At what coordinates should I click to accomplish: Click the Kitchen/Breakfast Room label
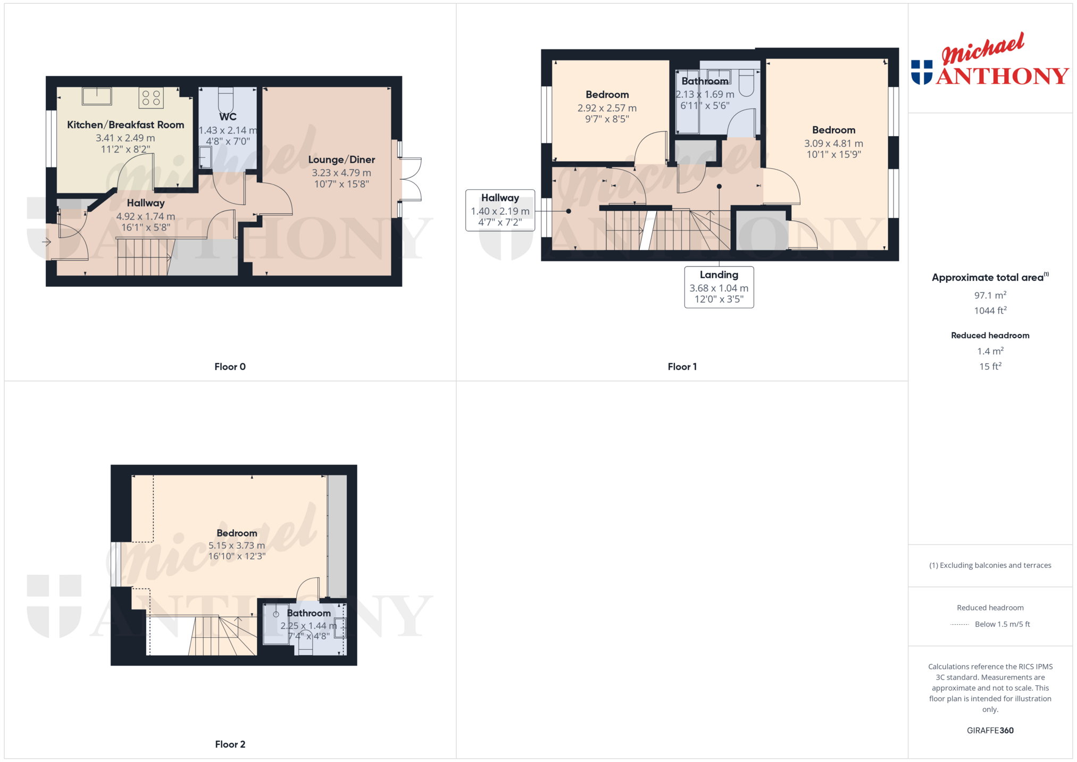[x=126, y=125]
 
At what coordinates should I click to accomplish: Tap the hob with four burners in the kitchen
[x=151, y=98]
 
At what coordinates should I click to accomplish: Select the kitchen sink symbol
[x=97, y=96]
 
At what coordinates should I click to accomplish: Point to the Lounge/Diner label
[x=341, y=160]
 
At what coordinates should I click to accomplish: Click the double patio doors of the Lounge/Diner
[x=410, y=179]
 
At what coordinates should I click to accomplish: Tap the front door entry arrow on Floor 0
[x=46, y=242]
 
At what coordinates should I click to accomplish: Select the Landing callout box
[x=719, y=287]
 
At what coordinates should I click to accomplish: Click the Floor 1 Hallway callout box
[x=500, y=210]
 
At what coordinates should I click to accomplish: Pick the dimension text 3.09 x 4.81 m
[x=833, y=144]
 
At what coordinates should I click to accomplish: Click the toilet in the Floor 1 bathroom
[x=746, y=83]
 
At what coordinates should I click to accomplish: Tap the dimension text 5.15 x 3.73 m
[x=237, y=546]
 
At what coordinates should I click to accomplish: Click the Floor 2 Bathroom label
[x=308, y=613]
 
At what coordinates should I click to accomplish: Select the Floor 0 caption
[x=230, y=366]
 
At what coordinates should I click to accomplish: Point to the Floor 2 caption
[x=230, y=744]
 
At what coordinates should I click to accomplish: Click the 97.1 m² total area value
[x=990, y=295]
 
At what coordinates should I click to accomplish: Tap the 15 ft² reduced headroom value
[x=990, y=366]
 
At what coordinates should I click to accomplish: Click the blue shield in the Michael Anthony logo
[x=922, y=72]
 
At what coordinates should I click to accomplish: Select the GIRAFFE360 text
[x=990, y=730]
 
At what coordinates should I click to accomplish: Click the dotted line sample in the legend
[x=959, y=624]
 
